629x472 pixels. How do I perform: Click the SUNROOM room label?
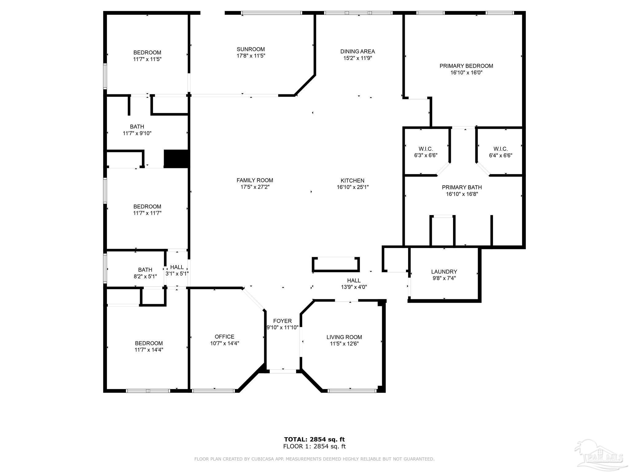[x=251, y=49]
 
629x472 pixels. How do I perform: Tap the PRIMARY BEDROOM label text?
[x=466, y=66]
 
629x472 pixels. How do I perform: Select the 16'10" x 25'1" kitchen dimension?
[x=352, y=187]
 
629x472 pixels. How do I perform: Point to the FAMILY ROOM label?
[x=255, y=180]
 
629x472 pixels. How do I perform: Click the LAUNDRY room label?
[x=444, y=272]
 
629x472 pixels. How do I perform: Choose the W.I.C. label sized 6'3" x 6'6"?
[x=425, y=149]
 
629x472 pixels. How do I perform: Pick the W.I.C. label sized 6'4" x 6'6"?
[x=500, y=149]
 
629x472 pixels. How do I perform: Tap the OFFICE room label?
[x=224, y=337]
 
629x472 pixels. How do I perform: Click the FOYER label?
[x=282, y=321]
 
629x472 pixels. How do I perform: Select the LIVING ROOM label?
[x=344, y=337]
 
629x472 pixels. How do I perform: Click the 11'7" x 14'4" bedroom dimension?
[x=149, y=350]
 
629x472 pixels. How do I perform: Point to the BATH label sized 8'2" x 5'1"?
[x=145, y=270]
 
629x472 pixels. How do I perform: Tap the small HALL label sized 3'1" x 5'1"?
[x=177, y=267]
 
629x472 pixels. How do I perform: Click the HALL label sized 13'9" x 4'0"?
[x=354, y=281]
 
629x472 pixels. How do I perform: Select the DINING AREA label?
[x=357, y=51]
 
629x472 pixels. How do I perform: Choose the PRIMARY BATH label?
[x=462, y=187]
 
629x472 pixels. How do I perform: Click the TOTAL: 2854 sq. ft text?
[x=314, y=439]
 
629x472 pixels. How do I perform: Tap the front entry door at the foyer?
[x=283, y=371]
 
